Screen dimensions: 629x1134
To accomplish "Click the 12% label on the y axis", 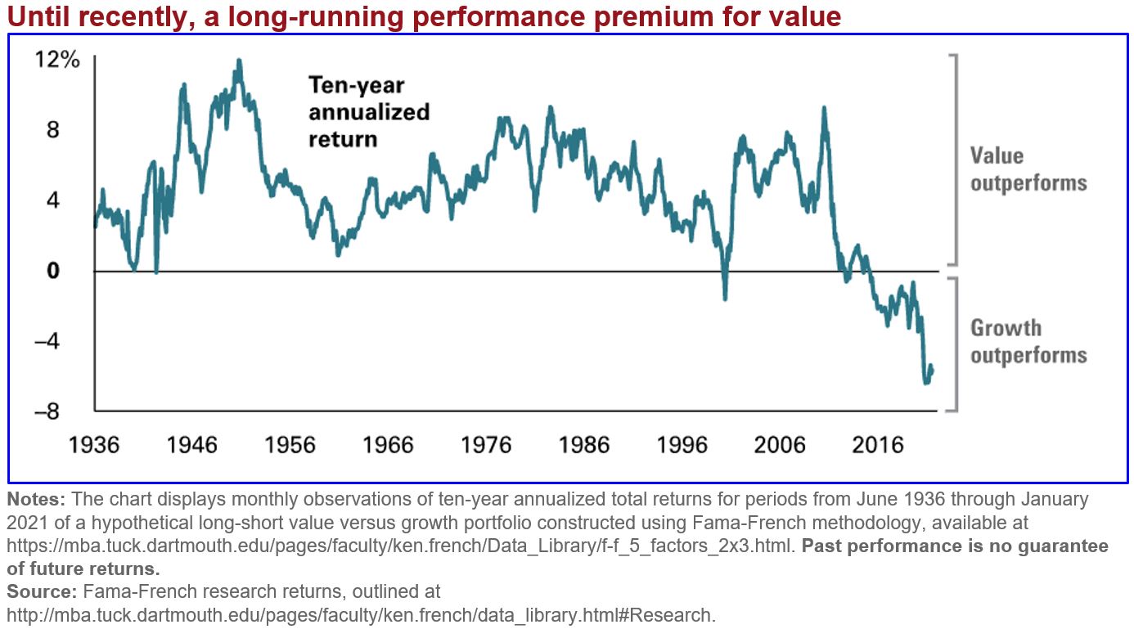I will point(56,60).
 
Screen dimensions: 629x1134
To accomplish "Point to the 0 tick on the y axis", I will point(53,271).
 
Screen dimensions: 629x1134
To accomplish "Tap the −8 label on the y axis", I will point(48,411).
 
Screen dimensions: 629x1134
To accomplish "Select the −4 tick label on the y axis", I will point(48,341).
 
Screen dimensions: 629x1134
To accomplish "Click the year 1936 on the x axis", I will point(94,445).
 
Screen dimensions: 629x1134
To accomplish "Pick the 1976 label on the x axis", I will point(486,445).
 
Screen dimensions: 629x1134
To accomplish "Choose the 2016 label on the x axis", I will point(879,445).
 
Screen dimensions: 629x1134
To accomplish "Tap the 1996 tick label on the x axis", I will point(682,445).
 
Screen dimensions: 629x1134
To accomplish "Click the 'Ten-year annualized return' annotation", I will point(368,111).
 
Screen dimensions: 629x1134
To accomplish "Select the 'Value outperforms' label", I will point(1028,168).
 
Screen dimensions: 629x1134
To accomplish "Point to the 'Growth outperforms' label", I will point(1028,341).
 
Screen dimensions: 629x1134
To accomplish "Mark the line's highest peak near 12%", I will point(238,61).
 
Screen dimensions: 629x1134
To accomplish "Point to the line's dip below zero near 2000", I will point(725,299).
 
